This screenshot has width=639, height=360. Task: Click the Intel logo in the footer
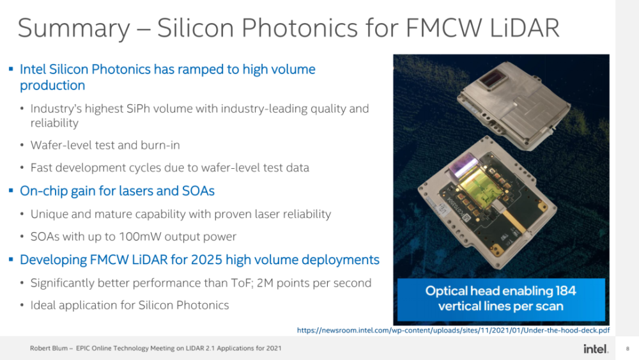(x=596, y=348)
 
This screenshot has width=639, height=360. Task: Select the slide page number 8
(x=627, y=348)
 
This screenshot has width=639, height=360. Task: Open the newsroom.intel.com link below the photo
(x=453, y=330)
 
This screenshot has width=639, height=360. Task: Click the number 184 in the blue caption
(x=566, y=291)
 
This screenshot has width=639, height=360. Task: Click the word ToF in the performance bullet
(x=240, y=283)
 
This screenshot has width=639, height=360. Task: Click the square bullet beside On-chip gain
(x=11, y=191)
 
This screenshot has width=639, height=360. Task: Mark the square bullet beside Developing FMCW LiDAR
(x=11, y=260)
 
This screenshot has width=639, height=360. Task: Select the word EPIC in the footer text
(x=82, y=348)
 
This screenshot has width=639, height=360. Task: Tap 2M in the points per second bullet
(x=265, y=283)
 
